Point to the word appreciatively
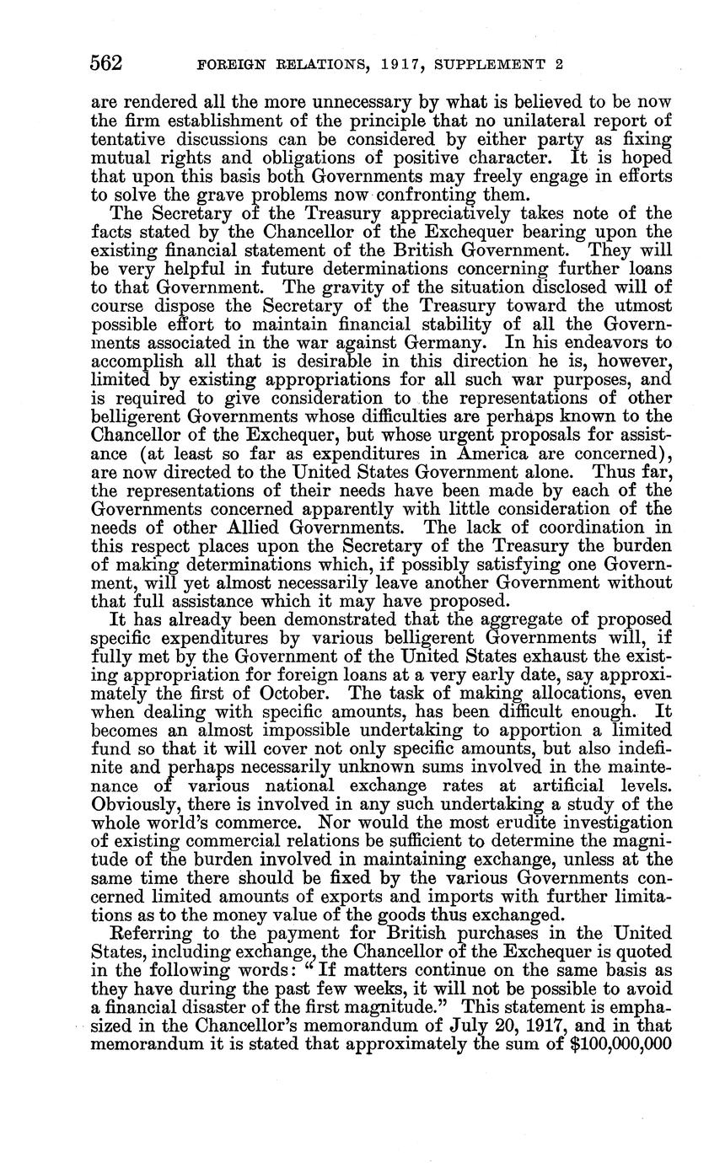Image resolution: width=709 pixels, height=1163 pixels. tap(443, 213)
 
